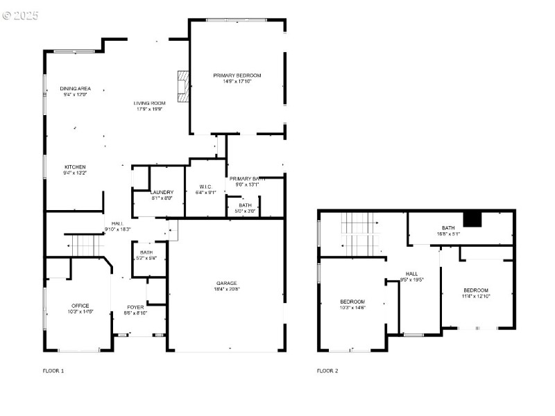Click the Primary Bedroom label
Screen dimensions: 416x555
[x=237, y=75]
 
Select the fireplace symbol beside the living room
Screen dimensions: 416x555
[x=183, y=87]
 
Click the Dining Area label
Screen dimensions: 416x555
[x=75, y=89]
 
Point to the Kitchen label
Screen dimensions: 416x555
[x=75, y=167]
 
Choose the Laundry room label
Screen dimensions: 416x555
[x=162, y=192]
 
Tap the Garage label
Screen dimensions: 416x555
[x=226, y=283]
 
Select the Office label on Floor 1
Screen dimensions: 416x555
[x=80, y=306]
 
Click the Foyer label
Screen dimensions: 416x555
[x=135, y=307]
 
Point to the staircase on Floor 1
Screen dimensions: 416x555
[x=83, y=245]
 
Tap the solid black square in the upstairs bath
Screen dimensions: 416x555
[x=472, y=219]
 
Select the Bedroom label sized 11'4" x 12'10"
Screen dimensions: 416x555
[x=476, y=290]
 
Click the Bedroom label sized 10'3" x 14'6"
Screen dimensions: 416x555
[x=352, y=302]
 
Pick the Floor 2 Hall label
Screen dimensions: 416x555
[x=412, y=274]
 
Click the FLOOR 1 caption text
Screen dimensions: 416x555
[x=53, y=371]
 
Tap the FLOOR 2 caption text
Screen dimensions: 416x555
[x=327, y=371]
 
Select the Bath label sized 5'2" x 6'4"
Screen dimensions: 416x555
[x=146, y=252]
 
